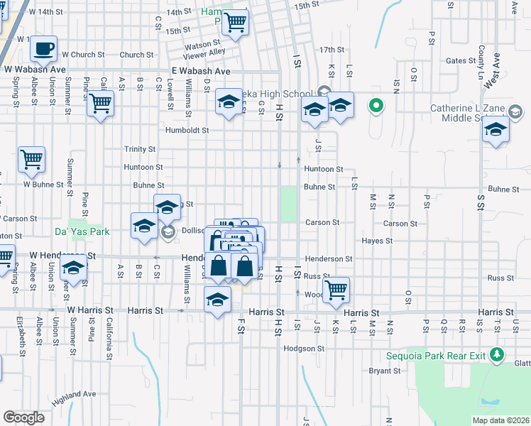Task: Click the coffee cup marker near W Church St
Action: coord(44,49)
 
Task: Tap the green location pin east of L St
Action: coord(376,107)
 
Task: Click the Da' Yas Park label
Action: coord(82,231)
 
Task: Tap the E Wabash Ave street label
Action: coord(202,72)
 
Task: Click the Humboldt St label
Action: coord(187,131)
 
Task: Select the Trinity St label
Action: coord(140,149)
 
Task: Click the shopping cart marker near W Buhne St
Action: coord(32,160)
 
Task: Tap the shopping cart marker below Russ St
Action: coord(336,289)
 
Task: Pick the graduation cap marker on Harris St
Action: coord(218,299)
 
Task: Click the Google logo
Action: coord(23,417)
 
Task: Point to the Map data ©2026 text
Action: coord(500,420)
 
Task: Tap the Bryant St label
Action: coord(384,371)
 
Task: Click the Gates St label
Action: coord(460,61)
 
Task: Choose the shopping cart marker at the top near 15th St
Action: coord(234,22)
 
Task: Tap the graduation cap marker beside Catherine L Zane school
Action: coord(496,131)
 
